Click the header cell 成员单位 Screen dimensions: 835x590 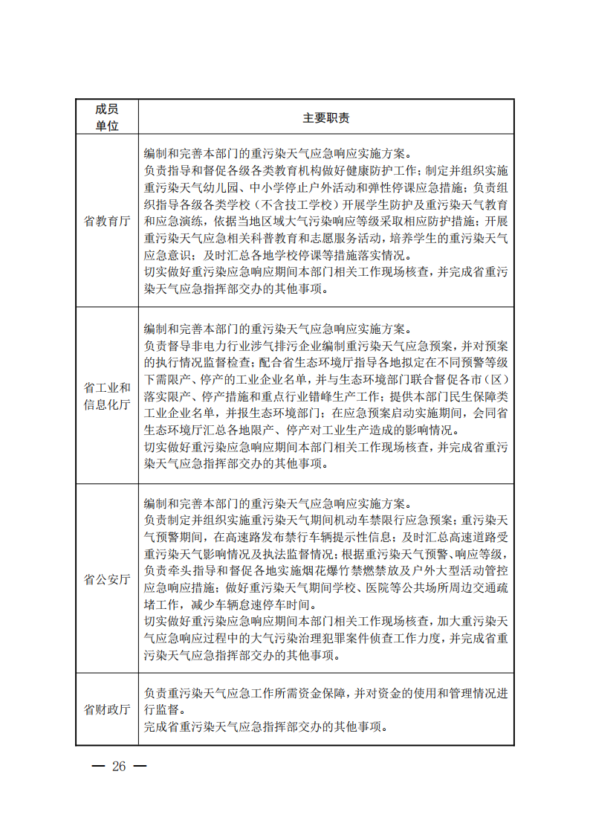click(106, 117)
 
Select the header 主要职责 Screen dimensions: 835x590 click(325, 117)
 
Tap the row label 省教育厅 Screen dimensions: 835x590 click(106, 221)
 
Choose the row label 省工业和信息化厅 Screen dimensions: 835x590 click(106, 396)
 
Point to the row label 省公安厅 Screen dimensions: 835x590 click(106, 578)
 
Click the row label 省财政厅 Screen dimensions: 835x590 click(106, 709)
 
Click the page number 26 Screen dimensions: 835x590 click(119, 767)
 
